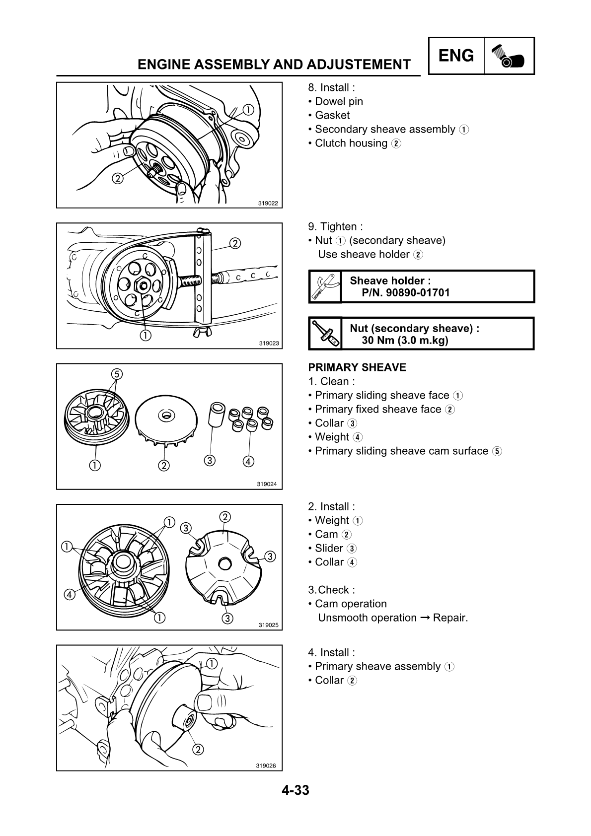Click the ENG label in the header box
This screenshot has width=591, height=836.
click(x=456, y=56)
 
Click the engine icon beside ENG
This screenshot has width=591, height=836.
click(x=509, y=56)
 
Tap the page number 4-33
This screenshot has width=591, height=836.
click(x=295, y=790)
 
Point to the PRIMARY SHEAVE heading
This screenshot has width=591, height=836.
click(x=357, y=367)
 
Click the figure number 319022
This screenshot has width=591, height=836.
click(x=268, y=203)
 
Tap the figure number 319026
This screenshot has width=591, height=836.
click(x=266, y=766)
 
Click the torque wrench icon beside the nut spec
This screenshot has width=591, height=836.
click(x=325, y=333)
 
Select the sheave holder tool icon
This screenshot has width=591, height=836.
click(x=325, y=286)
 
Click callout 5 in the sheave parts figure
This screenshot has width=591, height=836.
click(x=116, y=373)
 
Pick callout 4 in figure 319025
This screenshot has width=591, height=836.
click(x=69, y=594)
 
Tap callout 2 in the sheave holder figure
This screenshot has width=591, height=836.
click(x=234, y=243)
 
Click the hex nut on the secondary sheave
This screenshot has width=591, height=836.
click(x=142, y=285)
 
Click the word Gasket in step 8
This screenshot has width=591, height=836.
click(x=332, y=115)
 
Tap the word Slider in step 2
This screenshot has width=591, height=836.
click(x=329, y=548)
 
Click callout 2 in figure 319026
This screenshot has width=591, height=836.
click(x=198, y=749)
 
